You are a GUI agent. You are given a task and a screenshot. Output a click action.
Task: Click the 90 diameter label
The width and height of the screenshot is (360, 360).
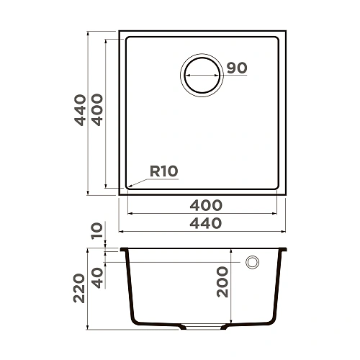pos(237,68)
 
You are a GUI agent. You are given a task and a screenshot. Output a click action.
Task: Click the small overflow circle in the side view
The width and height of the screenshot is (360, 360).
pos(253,262)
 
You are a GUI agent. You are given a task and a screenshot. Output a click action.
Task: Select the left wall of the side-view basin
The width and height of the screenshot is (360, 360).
pos(130,288)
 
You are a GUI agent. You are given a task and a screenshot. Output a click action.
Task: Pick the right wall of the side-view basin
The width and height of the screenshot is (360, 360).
pos(277,288)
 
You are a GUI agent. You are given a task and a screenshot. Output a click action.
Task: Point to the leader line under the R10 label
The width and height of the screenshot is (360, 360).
pos(155,180)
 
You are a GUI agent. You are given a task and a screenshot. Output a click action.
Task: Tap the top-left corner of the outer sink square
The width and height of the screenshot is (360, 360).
pos(120,32)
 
